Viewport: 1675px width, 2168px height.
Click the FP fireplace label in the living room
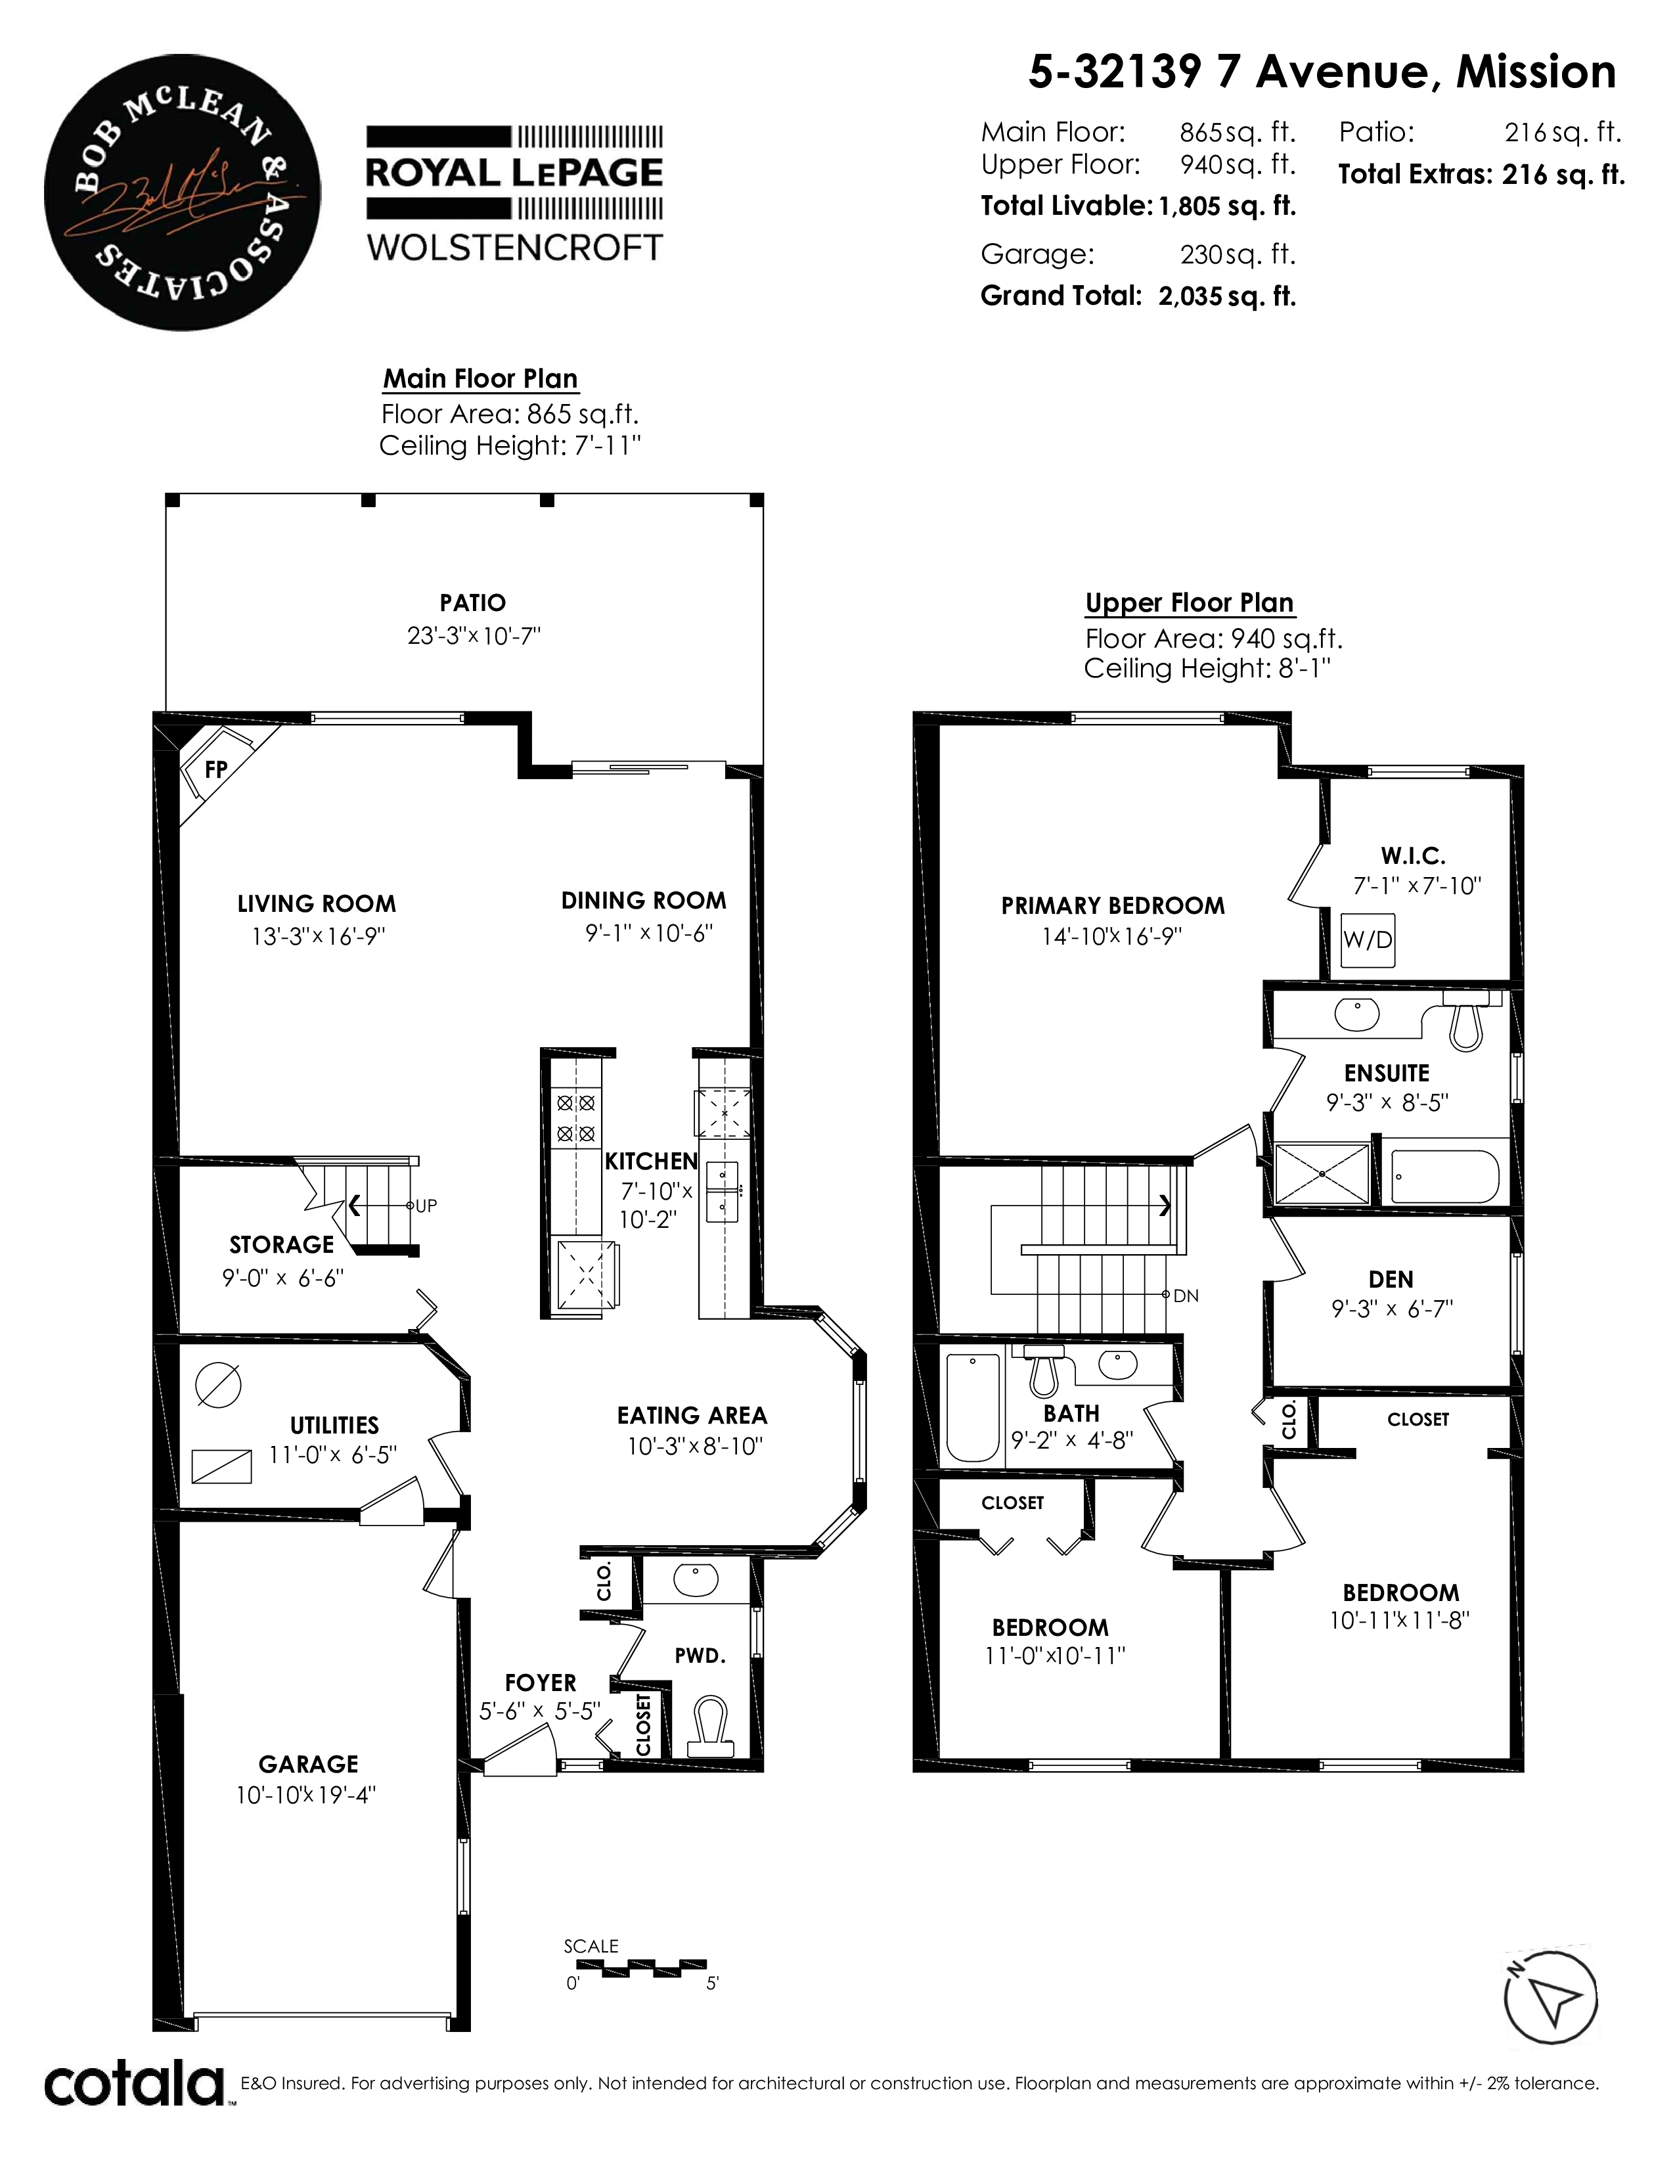click(215, 769)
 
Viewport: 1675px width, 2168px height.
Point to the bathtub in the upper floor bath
click(973, 1408)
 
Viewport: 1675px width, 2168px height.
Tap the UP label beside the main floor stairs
click(426, 1206)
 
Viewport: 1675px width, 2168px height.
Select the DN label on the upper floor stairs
click(1186, 1296)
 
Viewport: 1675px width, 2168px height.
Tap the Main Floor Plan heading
click(480, 379)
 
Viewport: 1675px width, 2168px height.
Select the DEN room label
click(1390, 1280)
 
